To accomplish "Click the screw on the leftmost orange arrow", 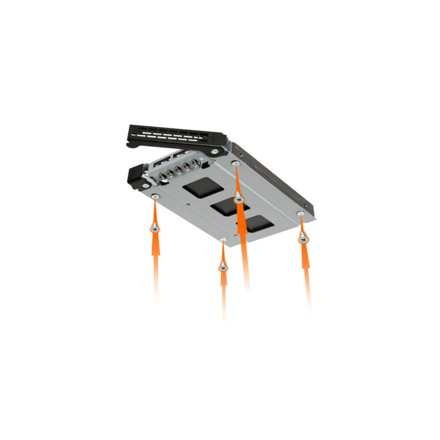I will point(156,226).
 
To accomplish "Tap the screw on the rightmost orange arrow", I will point(302,237).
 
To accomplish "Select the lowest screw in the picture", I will point(223,266).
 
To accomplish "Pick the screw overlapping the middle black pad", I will point(239,198).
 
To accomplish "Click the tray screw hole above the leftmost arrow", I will point(156,197).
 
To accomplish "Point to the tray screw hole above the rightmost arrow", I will point(300,213).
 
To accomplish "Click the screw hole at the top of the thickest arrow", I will point(236,163).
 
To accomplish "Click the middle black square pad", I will point(227,206).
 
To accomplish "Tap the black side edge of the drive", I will point(275,176).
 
